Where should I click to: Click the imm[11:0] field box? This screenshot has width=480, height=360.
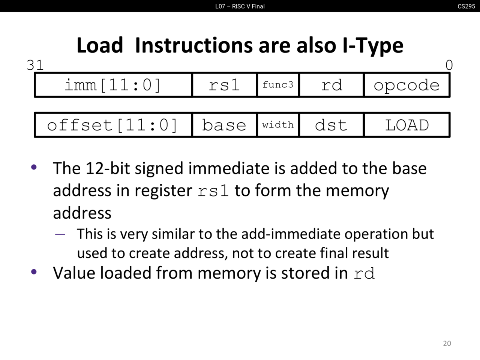click(x=113, y=85)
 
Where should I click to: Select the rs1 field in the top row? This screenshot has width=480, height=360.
click(x=224, y=85)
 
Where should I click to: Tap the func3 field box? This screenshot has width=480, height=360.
click(x=278, y=85)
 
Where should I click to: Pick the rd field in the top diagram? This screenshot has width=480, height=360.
click(x=331, y=85)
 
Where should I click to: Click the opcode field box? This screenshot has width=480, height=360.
click(x=406, y=85)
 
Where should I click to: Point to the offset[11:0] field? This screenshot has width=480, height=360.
click(x=113, y=125)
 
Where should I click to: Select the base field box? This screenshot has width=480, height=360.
click(x=224, y=125)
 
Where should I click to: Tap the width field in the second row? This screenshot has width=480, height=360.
click(x=278, y=125)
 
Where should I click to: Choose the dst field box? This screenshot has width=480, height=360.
click(x=331, y=125)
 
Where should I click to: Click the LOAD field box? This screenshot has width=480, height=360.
click(x=406, y=125)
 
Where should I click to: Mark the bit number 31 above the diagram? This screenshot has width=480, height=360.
click(x=35, y=65)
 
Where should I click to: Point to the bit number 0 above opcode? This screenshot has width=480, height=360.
click(x=449, y=65)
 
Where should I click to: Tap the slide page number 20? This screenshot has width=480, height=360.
click(x=447, y=343)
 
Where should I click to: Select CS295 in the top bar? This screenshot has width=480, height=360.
click(x=466, y=6)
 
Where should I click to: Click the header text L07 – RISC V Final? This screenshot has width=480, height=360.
click(x=240, y=6)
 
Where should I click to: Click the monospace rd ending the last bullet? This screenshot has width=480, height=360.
click(x=364, y=273)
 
